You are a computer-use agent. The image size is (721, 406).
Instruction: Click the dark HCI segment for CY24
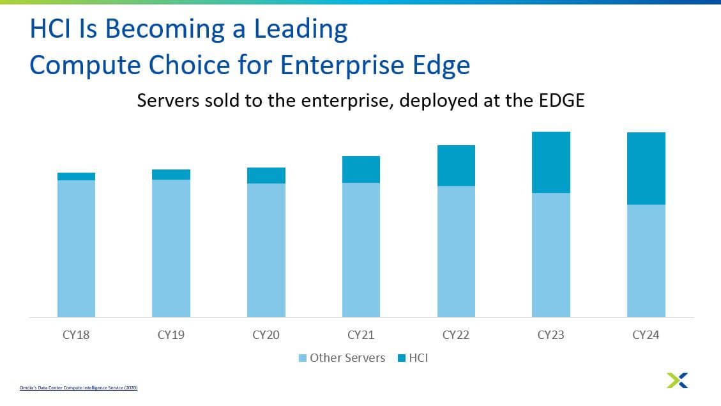tap(646, 168)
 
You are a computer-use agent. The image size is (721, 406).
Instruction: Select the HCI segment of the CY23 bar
tap(551, 162)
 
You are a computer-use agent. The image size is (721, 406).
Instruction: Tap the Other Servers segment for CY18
tap(76, 249)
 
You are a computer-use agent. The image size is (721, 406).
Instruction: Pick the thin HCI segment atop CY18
tap(76, 176)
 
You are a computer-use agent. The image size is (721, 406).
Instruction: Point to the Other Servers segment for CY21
tap(361, 250)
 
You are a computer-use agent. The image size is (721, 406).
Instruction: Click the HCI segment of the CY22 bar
tap(456, 166)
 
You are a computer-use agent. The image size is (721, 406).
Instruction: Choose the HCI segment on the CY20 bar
tap(266, 176)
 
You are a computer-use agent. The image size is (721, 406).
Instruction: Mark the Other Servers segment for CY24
tap(646, 261)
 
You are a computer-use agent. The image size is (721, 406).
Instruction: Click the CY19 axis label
tap(171, 334)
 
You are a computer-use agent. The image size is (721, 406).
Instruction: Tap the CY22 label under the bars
tap(456, 334)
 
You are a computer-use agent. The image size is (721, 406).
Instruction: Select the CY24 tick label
tap(646, 334)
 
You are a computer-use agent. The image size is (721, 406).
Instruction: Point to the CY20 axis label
tap(266, 334)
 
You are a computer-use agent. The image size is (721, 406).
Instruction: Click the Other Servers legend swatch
tap(303, 358)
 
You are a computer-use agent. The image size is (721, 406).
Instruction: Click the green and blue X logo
tap(677, 380)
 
